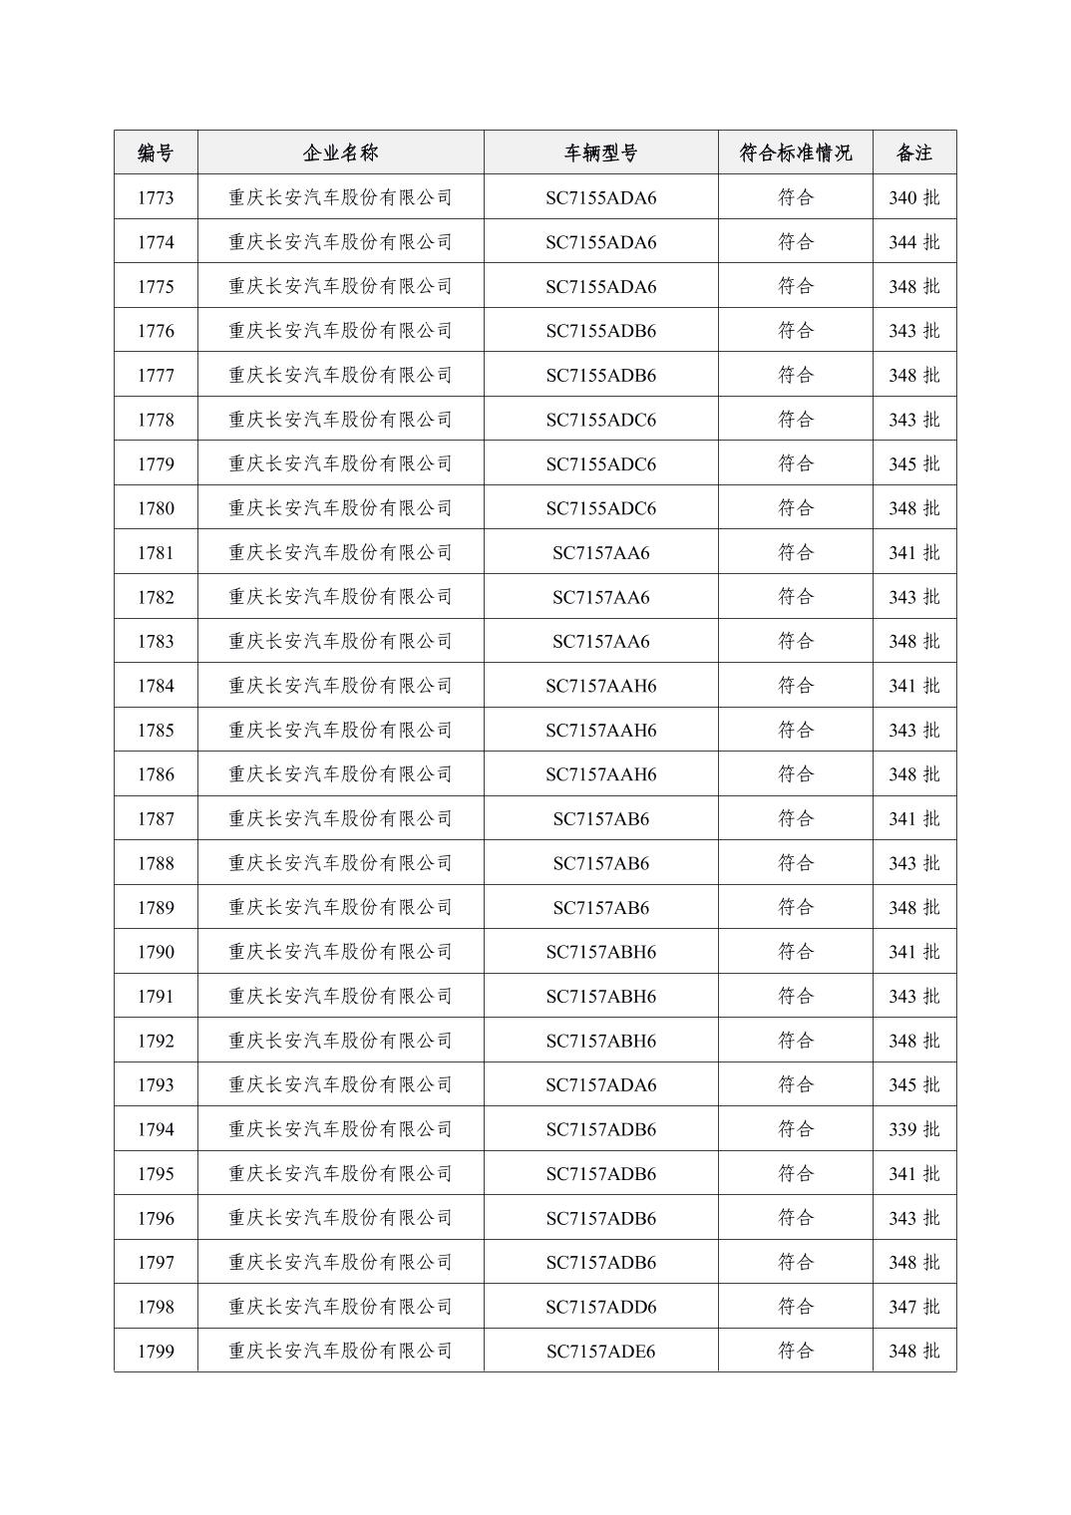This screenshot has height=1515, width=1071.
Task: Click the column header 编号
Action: pyautogui.click(x=156, y=152)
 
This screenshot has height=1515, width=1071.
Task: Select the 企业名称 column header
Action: pyautogui.click(x=340, y=152)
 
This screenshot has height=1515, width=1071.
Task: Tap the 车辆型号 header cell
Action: pyautogui.click(x=600, y=152)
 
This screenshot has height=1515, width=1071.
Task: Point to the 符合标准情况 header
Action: pyautogui.click(x=795, y=152)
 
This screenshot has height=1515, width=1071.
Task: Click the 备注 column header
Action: pyautogui.click(x=913, y=152)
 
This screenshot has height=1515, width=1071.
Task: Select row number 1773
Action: pyautogui.click(x=156, y=197)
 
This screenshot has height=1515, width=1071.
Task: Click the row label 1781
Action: pyautogui.click(x=156, y=552)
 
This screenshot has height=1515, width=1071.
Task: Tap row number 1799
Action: pyautogui.click(x=156, y=1351)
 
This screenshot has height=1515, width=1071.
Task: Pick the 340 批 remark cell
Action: pyautogui.click(x=913, y=197)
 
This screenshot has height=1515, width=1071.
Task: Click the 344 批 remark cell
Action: pyautogui.click(x=913, y=242)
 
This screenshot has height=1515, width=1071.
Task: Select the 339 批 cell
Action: pyautogui.click(x=913, y=1129)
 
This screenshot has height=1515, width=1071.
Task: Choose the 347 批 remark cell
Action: pyautogui.click(x=913, y=1307)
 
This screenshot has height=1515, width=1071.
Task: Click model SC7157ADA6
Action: pyautogui.click(x=600, y=1084)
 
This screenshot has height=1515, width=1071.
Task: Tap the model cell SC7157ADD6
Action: pyautogui.click(x=600, y=1307)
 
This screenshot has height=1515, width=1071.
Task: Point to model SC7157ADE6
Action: pyautogui.click(x=600, y=1351)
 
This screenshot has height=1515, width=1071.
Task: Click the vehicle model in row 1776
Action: pyautogui.click(x=600, y=331)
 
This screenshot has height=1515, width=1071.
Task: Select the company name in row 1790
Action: pyautogui.click(x=340, y=952)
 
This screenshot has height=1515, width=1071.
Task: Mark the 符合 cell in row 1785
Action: pyautogui.click(x=795, y=730)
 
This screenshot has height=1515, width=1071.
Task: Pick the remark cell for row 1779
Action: pyautogui.click(x=913, y=463)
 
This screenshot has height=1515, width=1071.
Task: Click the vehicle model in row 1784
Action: pyautogui.click(x=600, y=686)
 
